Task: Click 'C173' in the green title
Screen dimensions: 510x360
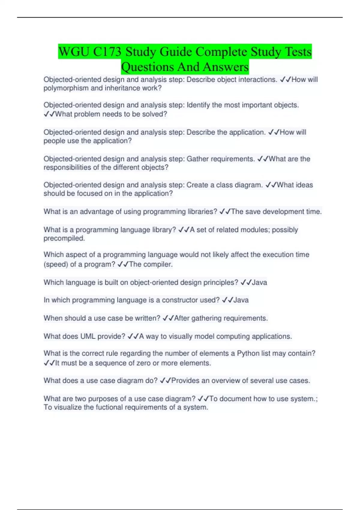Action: (107, 52)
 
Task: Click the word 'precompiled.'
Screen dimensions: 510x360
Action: (64, 238)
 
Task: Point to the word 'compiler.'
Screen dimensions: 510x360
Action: (160, 264)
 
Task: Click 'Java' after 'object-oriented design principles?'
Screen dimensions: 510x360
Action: (259, 282)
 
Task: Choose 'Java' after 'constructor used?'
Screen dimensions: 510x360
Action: (241, 300)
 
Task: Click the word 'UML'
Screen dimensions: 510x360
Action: (88, 336)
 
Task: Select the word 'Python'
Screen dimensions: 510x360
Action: (248, 353)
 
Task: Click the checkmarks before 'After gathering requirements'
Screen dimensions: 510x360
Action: (168, 318)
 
